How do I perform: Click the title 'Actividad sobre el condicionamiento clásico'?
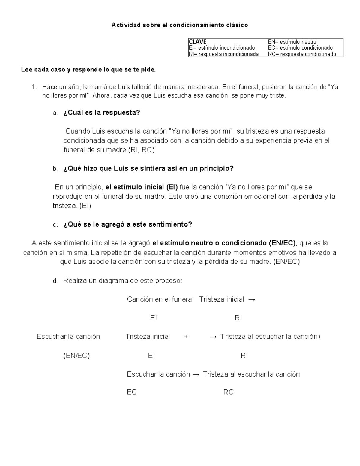[x=180, y=25]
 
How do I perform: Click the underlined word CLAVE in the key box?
[x=198, y=42]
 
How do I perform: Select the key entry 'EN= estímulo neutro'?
[x=292, y=42]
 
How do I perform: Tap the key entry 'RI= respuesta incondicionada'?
[x=224, y=54]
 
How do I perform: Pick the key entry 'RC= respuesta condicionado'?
[x=302, y=54]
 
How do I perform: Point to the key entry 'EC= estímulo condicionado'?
[x=300, y=48]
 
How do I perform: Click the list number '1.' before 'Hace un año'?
[x=35, y=87]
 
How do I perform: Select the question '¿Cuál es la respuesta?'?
[x=102, y=113]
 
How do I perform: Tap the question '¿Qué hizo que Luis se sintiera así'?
[x=148, y=169]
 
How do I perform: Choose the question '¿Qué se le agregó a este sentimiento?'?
[x=127, y=224]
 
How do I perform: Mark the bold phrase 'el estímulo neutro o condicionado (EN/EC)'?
[x=224, y=243]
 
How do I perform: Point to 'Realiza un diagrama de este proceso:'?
[x=122, y=281]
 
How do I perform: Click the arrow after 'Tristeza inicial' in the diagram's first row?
[x=252, y=299]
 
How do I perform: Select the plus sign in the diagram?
[x=186, y=337]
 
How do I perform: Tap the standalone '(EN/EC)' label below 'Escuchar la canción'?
[x=76, y=356]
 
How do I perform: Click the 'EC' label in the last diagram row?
[x=132, y=392]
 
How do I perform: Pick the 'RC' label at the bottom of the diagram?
[x=228, y=392]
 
